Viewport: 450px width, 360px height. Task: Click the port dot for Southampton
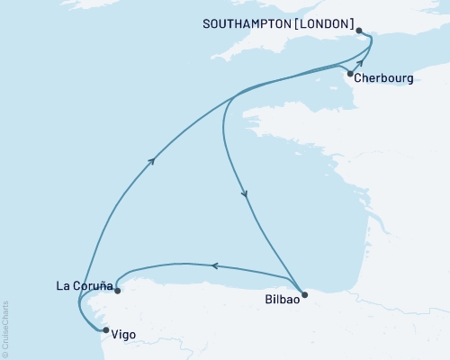click(x=360, y=31)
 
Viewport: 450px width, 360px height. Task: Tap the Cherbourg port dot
click(x=350, y=74)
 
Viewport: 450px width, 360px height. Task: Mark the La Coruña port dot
click(x=117, y=288)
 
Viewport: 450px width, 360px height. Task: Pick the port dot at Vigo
click(x=105, y=330)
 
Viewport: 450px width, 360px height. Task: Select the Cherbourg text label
click(x=384, y=78)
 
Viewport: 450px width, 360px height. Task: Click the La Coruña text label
click(x=84, y=288)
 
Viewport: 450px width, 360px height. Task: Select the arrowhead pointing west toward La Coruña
click(x=213, y=265)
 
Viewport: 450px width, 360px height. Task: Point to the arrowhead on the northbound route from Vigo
click(x=153, y=160)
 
